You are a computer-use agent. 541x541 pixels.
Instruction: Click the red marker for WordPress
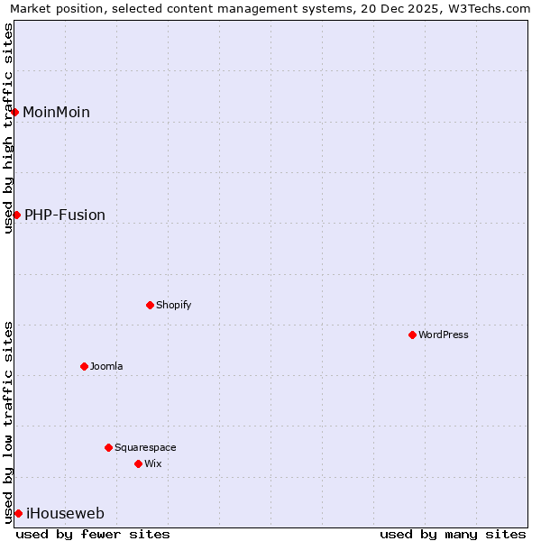[412, 335]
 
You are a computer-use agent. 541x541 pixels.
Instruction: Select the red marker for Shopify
[150, 305]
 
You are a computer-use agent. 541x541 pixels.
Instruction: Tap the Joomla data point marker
[84, 366]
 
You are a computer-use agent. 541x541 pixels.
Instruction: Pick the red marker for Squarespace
[108, 447]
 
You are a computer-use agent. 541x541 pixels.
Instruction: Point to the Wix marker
[138, 463]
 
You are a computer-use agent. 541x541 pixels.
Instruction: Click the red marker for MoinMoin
[15, 112]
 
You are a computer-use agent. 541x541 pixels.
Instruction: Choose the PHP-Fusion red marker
[16, 215]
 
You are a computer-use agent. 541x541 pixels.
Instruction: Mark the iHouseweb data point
[18, 513]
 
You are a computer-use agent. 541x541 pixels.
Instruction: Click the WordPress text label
[444, 335]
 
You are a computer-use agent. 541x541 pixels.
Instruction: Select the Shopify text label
[174, 305]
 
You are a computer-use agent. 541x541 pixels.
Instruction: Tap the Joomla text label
[106, 366]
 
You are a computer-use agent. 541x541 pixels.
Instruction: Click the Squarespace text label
[145, 447]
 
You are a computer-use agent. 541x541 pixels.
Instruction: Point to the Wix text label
[152, 463]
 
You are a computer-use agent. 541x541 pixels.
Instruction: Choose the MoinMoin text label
[56, 112]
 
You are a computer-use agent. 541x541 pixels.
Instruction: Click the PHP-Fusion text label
[65, 215]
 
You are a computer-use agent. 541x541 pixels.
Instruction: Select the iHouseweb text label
[65, 513]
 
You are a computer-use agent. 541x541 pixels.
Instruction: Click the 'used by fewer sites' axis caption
[93, 534]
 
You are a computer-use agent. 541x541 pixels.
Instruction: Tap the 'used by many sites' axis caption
[453, 534]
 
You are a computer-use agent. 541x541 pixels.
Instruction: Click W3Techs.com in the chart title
[487, 9]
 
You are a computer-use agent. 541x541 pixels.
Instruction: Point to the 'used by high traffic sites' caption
[9, 127]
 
